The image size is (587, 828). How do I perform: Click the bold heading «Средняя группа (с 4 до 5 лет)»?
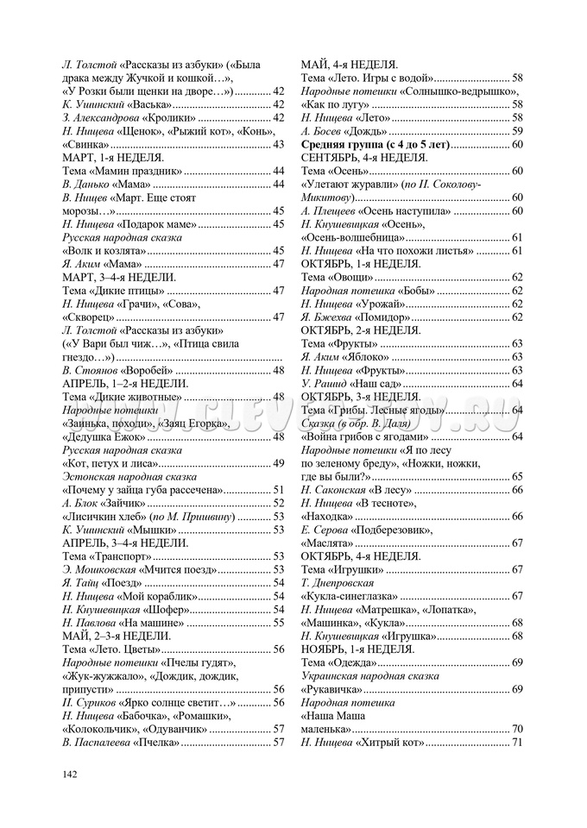(x=375, y=144)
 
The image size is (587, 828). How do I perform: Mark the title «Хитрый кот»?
(x=388, y=743)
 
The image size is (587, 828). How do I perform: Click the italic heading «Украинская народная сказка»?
(x=369, y=676)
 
